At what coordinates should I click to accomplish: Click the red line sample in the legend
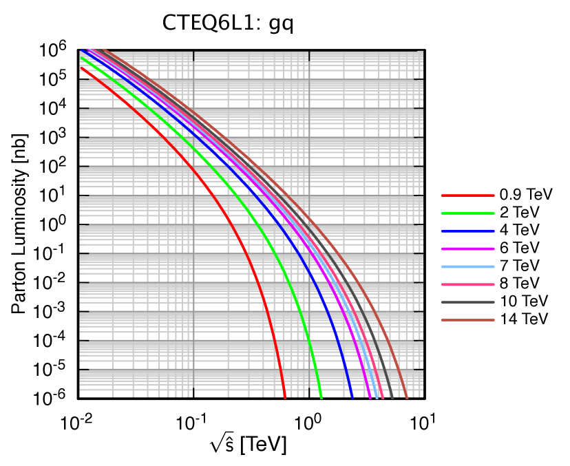coord(467,195)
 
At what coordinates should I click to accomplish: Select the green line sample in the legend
coord(467,213)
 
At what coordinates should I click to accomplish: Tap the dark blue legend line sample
coord(467,231)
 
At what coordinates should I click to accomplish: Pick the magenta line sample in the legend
coord(467,248)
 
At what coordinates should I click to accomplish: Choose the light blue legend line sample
coord(467,266)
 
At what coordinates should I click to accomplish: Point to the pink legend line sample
coord(467,284)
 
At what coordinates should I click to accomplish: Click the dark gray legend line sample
coord(467,302)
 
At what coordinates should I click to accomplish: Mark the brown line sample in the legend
coord(467,320)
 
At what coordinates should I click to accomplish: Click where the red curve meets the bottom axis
coord(285,397)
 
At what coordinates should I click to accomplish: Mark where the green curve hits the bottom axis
coord(321,397)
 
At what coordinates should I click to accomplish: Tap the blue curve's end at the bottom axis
coord(352,397)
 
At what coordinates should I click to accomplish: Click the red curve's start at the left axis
coord(81,67)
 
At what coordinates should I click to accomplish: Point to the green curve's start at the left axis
coord(81,57)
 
